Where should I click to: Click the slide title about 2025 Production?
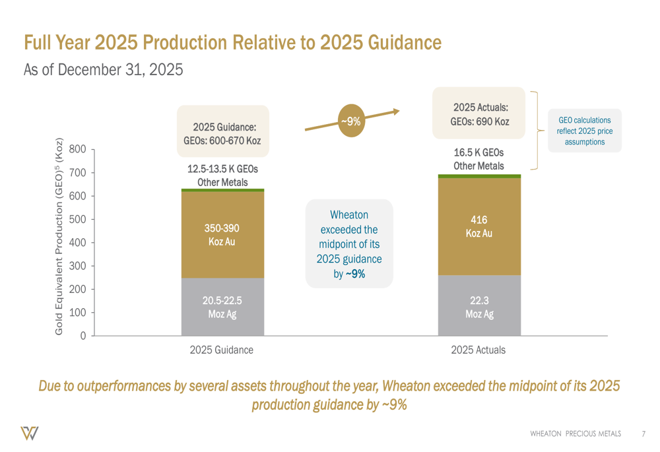pos(232,42)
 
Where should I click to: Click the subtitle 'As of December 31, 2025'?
pos(103,69)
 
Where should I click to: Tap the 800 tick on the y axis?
pos(78,150)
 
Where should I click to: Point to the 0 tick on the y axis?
pos(82,336)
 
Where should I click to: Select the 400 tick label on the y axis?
pos(78,243)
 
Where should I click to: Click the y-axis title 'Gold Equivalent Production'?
pos(59,236)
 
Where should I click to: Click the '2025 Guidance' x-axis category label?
pos(221,350)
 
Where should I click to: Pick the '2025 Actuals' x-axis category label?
pos(478,350)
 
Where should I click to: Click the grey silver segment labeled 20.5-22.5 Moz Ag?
pos(222,307)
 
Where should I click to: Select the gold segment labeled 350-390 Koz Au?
pos(222,234)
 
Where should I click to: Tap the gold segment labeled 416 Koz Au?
pos(479,226)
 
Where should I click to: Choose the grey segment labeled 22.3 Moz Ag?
pos(479,306)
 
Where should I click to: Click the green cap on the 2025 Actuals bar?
pos(479,176)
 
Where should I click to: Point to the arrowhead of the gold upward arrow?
pos(396,111)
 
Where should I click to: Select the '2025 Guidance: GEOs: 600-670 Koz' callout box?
pos(222,131)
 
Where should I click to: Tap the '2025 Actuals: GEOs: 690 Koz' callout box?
pos(479,113)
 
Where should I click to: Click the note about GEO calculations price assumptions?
pos(585,131)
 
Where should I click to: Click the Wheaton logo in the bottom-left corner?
pos(29,433)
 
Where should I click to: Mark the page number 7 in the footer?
pos(643,434)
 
